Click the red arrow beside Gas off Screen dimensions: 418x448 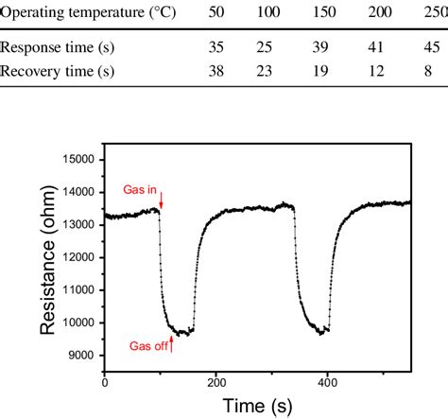click(171, 344)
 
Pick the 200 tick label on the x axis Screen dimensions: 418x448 click(215, 383)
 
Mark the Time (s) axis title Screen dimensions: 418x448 click(257, 406)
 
